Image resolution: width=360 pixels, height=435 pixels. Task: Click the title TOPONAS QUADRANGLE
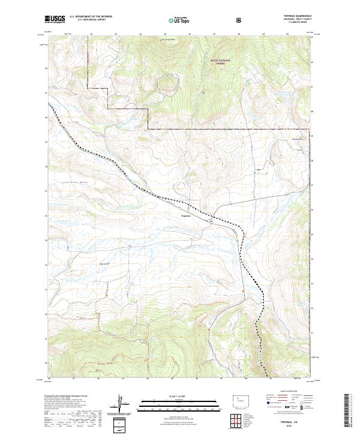click(x=298, y=16)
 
